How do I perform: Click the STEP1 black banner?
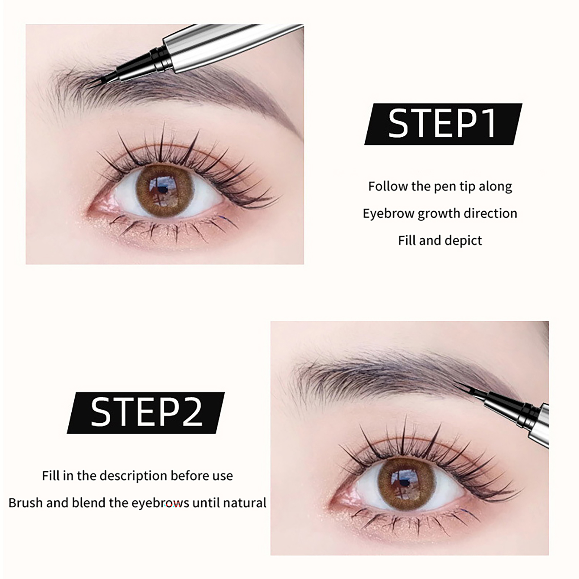point(443,124)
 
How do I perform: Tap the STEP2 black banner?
point(146,413)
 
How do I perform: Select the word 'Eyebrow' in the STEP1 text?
point(389,214)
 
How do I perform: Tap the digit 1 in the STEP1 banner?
point(489,124)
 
